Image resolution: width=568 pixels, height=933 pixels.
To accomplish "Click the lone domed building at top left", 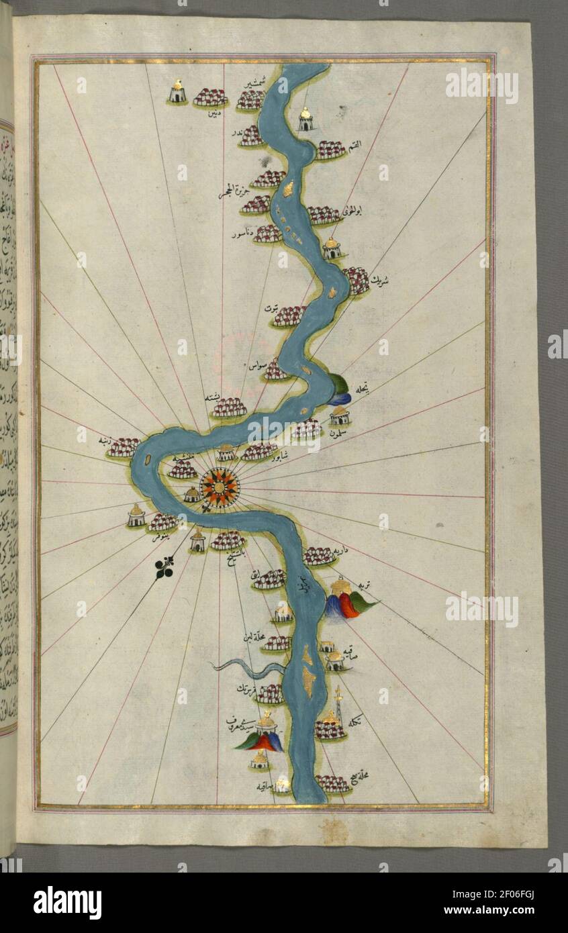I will [177, 92].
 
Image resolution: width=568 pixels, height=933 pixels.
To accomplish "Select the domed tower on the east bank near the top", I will [305, 119].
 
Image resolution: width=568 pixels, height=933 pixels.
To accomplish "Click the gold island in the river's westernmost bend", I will [147, 461].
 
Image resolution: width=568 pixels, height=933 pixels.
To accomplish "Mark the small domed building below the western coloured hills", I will [260, 761].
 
